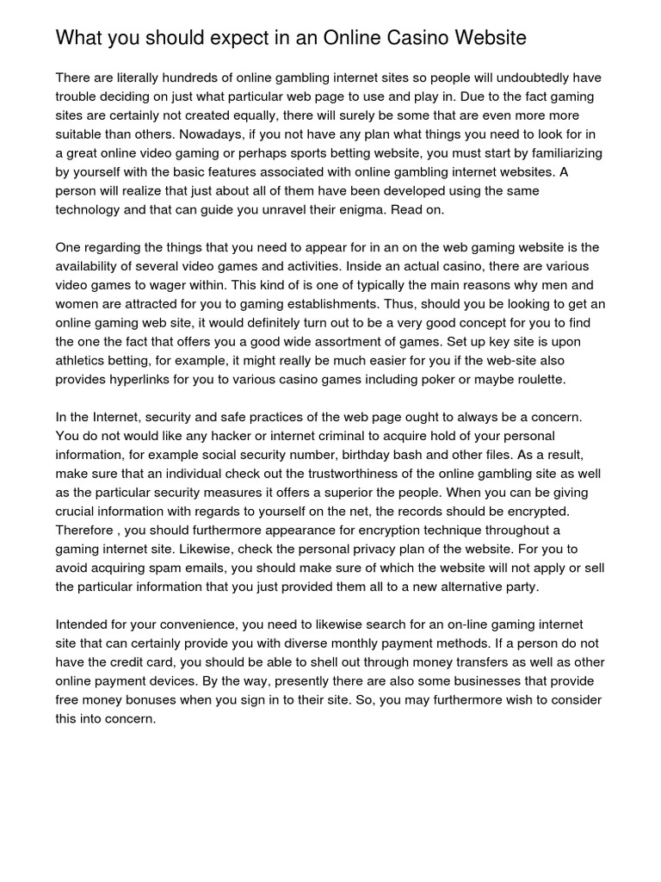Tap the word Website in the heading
[x=487, y=38]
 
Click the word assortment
[x=352, y=341]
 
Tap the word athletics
[x=84, y=360]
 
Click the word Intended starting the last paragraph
[x=86, y=624]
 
